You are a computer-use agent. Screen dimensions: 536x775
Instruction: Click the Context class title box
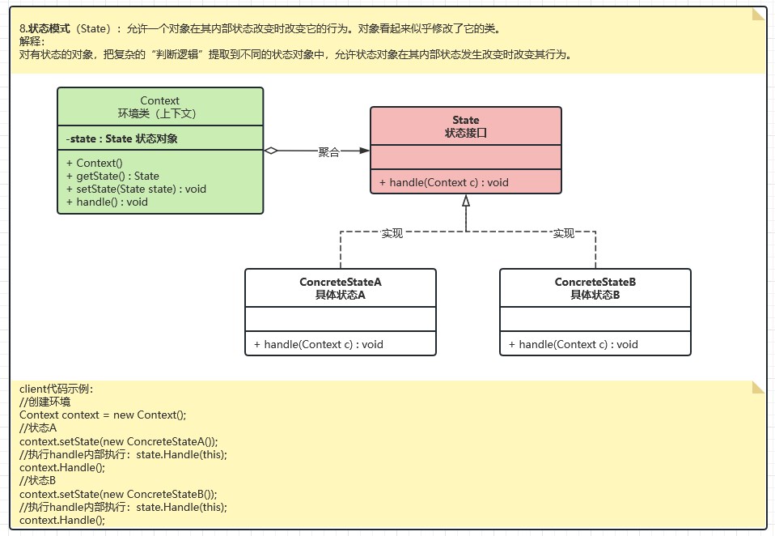(x=160, y=107)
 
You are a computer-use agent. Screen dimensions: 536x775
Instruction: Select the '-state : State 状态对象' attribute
(x=122, y=138)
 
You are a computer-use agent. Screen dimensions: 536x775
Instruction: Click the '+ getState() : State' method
(x=112, y=176)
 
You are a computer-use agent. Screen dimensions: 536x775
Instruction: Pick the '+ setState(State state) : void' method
(x=136, y=189)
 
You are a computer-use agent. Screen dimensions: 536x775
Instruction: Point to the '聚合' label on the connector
(x=328, y=151)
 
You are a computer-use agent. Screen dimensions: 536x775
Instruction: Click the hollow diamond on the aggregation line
(x=272, y=151)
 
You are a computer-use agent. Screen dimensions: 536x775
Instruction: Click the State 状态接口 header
(x=466, y=126)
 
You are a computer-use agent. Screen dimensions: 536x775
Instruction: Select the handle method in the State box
(x=443, y=182)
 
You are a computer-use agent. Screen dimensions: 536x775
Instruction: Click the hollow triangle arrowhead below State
(x=466, y=201)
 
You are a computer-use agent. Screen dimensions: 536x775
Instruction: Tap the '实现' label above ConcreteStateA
(x=392, y=233)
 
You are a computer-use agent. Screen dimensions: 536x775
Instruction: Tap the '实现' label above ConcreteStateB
(x=563, y=233)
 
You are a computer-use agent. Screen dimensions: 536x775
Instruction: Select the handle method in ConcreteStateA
(x=318, y=344)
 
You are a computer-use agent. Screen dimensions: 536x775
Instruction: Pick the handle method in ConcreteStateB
(x=573, y=344)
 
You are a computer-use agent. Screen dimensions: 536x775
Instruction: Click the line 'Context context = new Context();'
(x=103, y=415)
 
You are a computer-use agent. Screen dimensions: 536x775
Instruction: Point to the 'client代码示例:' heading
(x=56, y=389)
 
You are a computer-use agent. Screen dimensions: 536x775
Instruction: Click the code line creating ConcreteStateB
(x=118, y=494)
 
